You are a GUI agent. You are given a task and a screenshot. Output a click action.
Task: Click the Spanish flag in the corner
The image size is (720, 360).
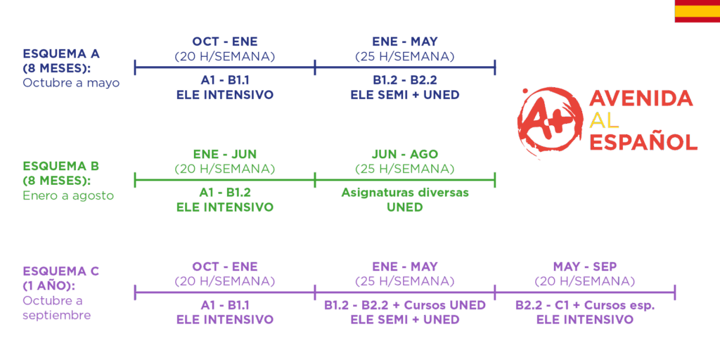point(697,11)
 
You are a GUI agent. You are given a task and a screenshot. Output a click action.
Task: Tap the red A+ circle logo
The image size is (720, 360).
point(546,120)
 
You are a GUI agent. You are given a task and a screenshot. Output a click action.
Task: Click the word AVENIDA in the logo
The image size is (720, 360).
point(641,98)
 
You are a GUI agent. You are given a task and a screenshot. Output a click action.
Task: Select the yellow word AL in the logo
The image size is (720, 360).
point(604,120)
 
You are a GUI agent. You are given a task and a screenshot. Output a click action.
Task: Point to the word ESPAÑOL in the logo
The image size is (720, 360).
point(643,142)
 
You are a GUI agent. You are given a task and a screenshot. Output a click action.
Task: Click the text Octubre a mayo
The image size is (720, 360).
point(71,84)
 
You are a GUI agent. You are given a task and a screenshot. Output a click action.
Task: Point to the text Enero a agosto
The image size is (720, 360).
point(68,195)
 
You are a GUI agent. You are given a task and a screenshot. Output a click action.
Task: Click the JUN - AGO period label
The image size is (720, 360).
point(405,154)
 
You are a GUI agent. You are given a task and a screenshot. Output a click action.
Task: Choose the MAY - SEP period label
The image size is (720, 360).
point(584,266)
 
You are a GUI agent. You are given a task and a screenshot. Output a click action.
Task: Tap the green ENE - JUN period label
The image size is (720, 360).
point(225,154)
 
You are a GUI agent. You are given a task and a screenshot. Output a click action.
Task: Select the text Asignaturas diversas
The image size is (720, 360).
point(405,193)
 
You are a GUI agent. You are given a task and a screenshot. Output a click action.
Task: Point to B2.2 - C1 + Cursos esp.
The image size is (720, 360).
point(584,305)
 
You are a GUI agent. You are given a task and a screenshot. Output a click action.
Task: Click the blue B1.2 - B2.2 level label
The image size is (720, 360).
point(405,80)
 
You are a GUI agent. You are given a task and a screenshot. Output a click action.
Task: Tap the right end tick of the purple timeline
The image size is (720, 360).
point(674,292)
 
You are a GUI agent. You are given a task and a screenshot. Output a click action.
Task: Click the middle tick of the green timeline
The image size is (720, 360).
point(315,180)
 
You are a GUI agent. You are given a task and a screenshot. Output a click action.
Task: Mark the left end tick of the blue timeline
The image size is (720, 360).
point(135,67)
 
